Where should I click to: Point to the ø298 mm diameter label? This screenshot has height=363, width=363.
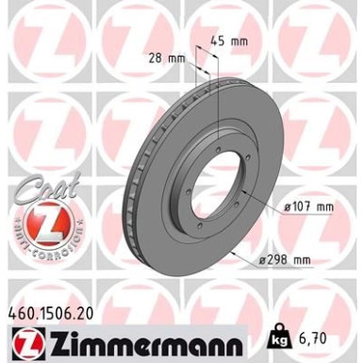(289, 260)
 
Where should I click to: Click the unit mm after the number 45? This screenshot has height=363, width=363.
(242, 41)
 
